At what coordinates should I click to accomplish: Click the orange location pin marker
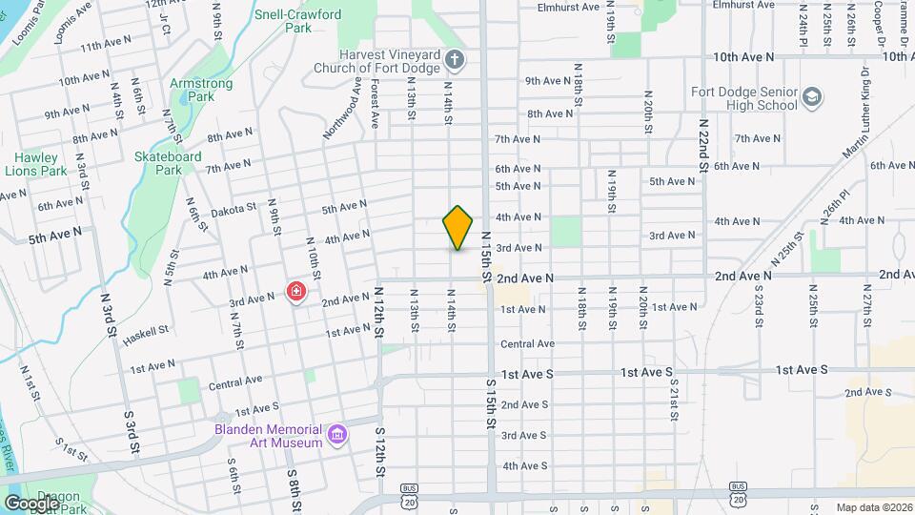click(x=458, y=227)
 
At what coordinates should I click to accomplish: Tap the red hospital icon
click(x=296, y=291)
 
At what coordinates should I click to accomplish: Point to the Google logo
click(x=31, y=503)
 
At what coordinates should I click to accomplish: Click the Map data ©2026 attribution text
click(x=873, y=507)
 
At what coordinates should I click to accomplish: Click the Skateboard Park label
click(x=168, y=163)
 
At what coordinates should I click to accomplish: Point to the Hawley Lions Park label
click(x=36, y=164)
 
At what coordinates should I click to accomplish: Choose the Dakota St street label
click(x=234, y=208)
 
